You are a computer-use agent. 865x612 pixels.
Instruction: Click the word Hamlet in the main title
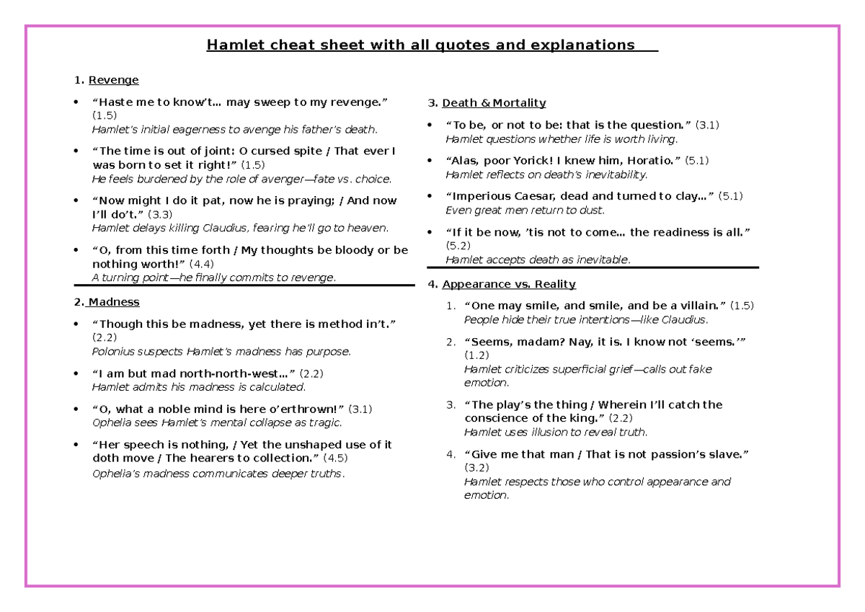click(231, 46)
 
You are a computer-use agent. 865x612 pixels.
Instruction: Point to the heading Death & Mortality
click(494, 102)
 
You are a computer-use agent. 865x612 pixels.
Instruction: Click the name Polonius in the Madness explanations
click(113, 352)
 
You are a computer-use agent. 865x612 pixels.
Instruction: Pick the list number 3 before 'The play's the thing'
click(450, 405)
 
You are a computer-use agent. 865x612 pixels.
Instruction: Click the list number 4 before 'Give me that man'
click(450, 454)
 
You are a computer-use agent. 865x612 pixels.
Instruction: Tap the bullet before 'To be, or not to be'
click(430, 125)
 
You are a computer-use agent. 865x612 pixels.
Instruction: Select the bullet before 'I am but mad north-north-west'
click(76, 374)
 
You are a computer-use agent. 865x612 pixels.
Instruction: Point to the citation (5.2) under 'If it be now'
click(458, 246)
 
